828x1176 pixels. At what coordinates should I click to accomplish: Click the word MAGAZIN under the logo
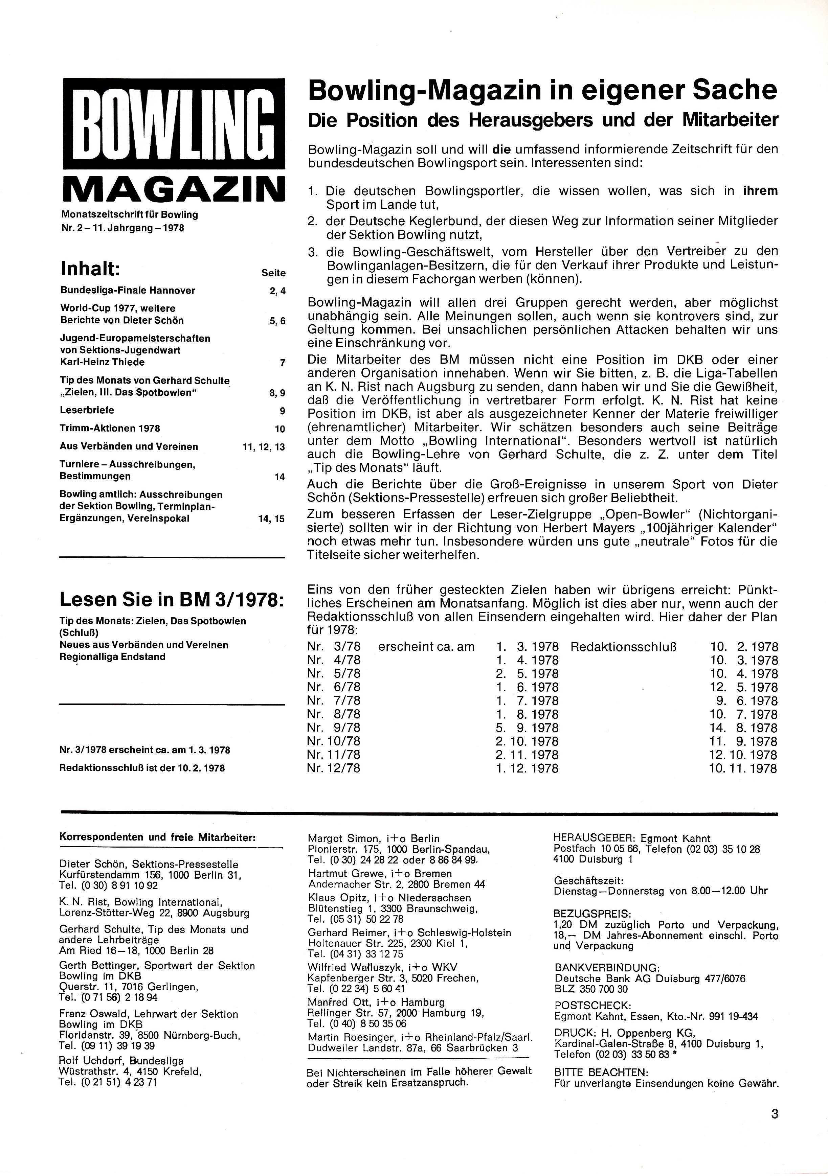pyautogui.click(x=173, y=190)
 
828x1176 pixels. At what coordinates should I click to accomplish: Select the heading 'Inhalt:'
pyautogui.click(x=90, y=269)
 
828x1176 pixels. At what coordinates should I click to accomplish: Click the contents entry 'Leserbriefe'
pyautogui.click(x=87, y=410)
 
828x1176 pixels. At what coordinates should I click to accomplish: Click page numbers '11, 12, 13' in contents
pyautogui.click(x=264, y=447)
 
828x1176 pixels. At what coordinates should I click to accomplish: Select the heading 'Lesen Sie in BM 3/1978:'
pyautogui.click(x=171, y=599)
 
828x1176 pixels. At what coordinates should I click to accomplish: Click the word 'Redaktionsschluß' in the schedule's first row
pyautogui.click(x=624, y=647)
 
